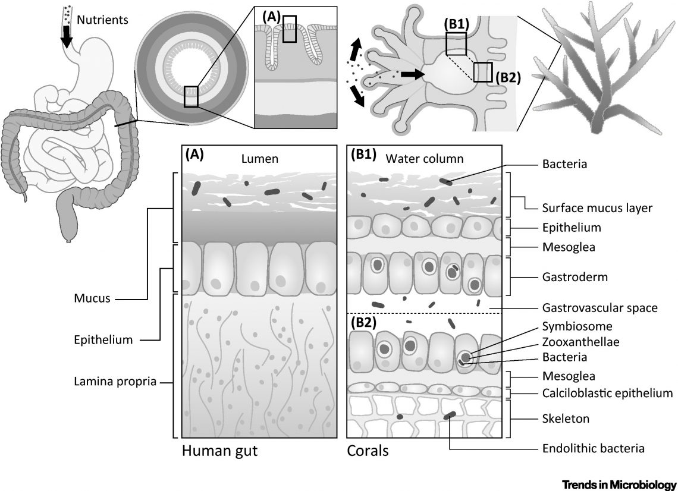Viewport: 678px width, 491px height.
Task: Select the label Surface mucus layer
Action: pyautogui.click(x=589, y=208)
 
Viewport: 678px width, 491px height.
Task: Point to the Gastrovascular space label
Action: pyautogui.click(x=599, y=308)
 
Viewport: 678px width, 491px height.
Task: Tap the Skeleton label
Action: pyautogui.click(x=566, y=418)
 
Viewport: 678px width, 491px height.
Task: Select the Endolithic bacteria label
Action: pyautogui.click(x=594, y=449)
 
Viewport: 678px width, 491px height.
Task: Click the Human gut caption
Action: pyautogui.click(x=219, y=451)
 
